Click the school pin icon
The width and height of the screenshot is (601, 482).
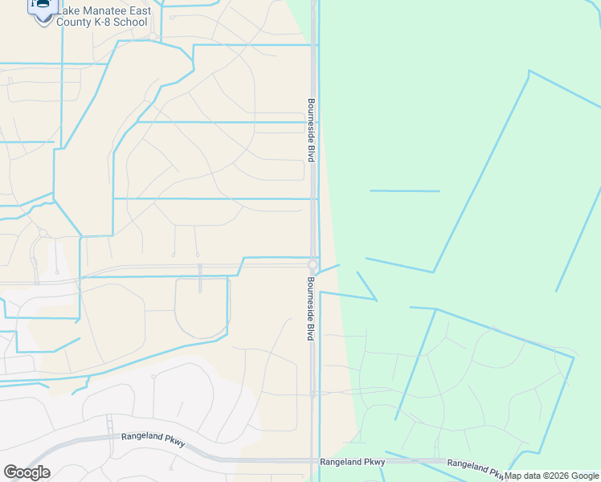[x=43, y=6]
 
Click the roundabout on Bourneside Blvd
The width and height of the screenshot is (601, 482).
[x=313, y=264]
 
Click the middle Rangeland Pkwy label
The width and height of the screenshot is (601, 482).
[x=352, y=462]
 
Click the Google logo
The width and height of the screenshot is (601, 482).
[x=27, y=472]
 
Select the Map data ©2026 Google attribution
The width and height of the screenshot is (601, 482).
[x=551, y=476]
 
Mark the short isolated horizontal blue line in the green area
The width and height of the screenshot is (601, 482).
[x=404, y=190]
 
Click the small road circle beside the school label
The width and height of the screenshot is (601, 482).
[x=153, y=35]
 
